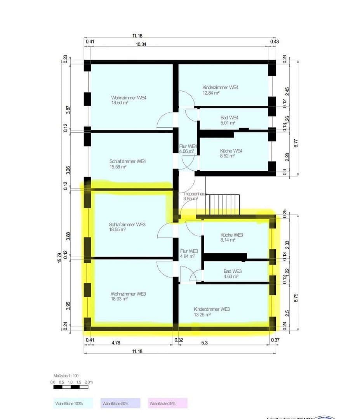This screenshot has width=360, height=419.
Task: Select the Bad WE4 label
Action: pyautogui.click(x=228, y=118)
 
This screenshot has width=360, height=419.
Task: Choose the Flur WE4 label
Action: pyautogui.click(x=188, y=146)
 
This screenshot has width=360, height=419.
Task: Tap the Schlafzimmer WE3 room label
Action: pyautogui.click(x=127, y=224)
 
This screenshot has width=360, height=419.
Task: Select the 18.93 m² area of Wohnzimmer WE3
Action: pyautogui.click(x=119, y=299)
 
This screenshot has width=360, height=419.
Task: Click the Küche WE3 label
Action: pyautogui.click(x=231, y=235)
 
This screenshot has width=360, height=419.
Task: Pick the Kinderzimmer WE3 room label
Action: pyautogui.click(x=212, y=309)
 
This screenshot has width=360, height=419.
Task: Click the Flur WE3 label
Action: pyautogui.click(x=189, y=251)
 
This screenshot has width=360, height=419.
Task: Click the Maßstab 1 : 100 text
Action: pyautogui.click(x=66, y=376)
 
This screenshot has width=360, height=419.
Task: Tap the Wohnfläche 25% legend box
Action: pyautogui.click(x=168, y=403)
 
